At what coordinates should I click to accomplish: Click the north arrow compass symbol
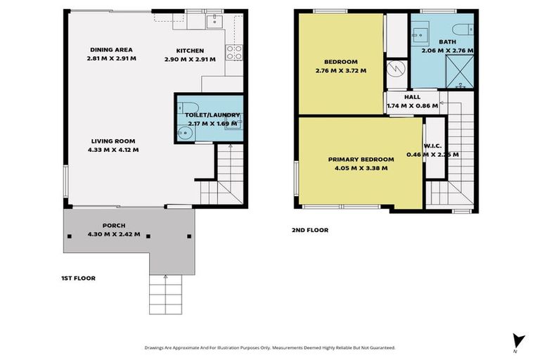pyautogui.click(x=519, y=341)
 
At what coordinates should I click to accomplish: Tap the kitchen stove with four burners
pyautogui.click(x=233, y=52)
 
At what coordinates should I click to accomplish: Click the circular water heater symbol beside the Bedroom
pyautogui.click(x=396, y=70)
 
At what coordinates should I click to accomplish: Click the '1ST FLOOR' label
pyautogui.click(x=78, y=278)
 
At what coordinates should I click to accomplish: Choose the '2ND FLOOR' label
pyautogui.click(x=310, y=230)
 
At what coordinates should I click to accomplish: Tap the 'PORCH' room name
pyautogui.click(x=114, y=226)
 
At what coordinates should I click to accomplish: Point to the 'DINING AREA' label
pyautogui.click(x=111, y=50)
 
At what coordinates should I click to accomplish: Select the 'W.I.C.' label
pyautogui.click(x=432, y=146)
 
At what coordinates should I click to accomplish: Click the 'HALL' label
pyautogui.click(x=412, y=98)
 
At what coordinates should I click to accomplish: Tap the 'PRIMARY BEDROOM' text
pyautogui.click(x=361, y=160)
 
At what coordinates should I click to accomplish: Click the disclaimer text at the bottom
pyautogui.click(x=269, y=347)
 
